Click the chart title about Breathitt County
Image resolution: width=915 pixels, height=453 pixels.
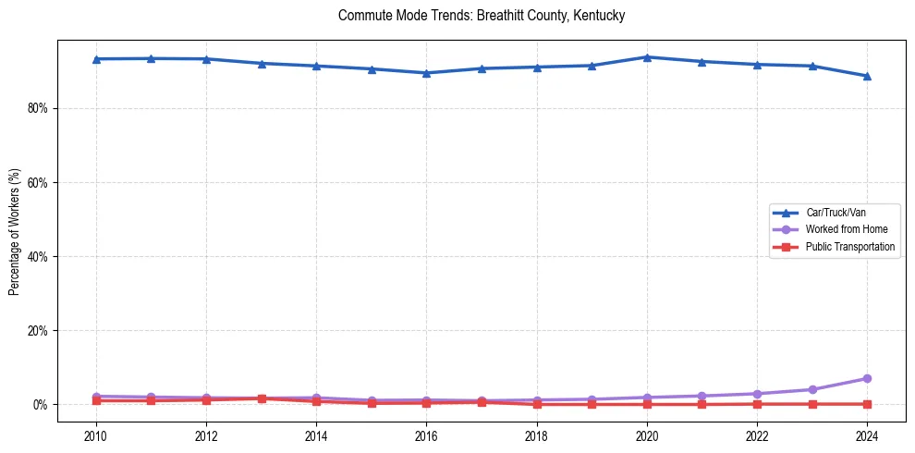482,16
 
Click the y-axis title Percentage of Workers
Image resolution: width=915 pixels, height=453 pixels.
15,232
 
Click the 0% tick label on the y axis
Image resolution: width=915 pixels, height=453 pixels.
40,405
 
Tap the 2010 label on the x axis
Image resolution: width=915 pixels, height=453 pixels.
95,435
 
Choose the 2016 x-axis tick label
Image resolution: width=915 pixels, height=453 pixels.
426,435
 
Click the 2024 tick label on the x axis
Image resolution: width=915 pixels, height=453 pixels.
867,435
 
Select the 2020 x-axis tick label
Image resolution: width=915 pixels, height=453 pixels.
647,435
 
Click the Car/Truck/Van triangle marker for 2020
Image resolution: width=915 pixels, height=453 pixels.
647,57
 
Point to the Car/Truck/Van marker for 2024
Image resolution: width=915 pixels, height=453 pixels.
867,76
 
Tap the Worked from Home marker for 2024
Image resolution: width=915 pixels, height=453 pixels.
867,378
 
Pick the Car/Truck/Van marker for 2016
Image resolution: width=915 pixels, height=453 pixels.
426,73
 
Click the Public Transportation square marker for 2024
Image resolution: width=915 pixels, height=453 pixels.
867,404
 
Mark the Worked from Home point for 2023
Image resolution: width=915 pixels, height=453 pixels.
812,389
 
